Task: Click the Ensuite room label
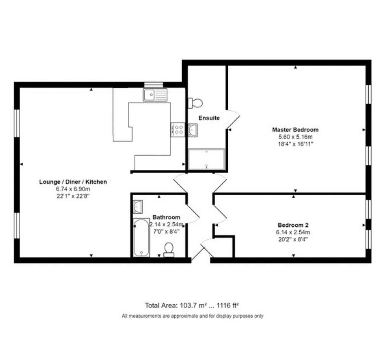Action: (x=209, y=118)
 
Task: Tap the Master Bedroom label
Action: (x=295, y=129)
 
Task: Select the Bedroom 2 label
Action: (x=293, y=225)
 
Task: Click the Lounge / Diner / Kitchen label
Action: (x=73, y=182)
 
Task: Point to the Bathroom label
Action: (x=166, y=217)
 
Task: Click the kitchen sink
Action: (x=155, y=95)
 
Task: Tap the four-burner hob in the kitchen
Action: (x=178, y=129)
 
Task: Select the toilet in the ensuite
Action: (x=195, y=103)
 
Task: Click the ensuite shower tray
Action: (x=206, y=159)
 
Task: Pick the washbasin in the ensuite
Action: (x=193, y=130)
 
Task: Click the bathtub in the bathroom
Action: (x=142, y=238)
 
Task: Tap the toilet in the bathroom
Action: (x=169, y=250)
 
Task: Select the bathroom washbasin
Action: (x=137, y=207)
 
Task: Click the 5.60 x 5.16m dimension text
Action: (x=295, y=137)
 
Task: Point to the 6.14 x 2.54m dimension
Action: (x=293, y=232)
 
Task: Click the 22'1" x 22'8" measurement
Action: (x=73, y=196)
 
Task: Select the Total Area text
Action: (x=192, y=306)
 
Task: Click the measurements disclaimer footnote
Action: (x=193, y=316)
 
